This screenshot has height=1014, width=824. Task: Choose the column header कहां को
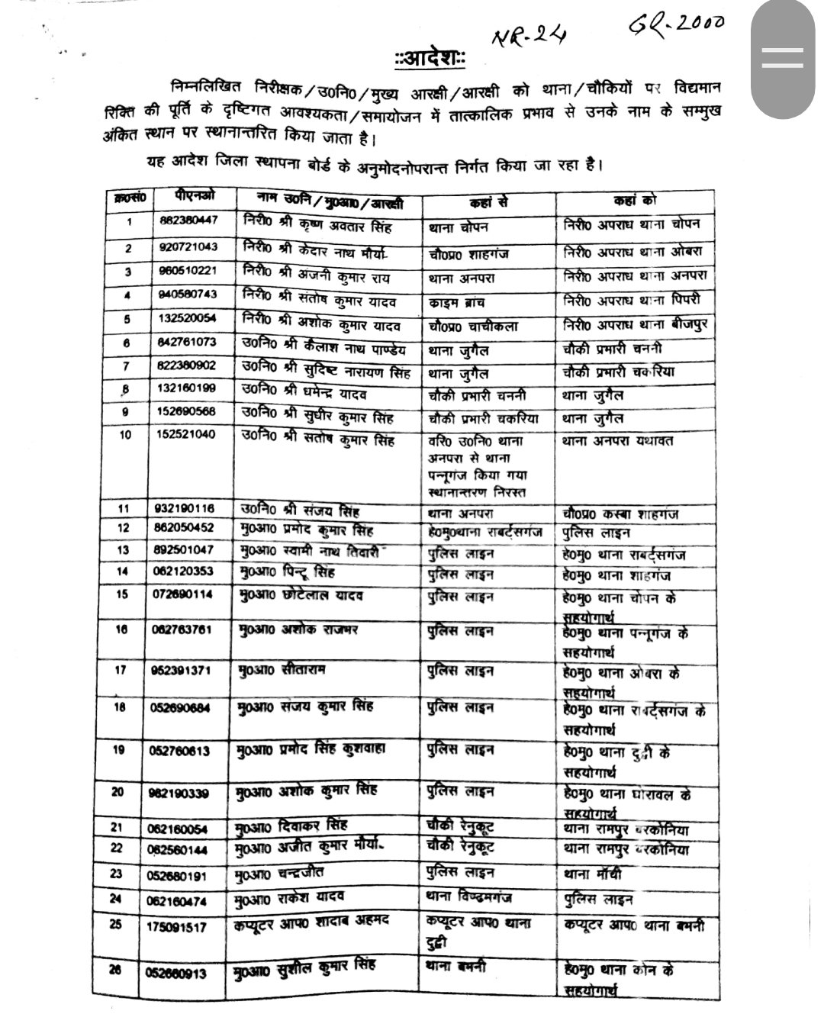(x=634, y=201)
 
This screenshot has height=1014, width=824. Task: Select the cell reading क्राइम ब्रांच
(x=456, y=302)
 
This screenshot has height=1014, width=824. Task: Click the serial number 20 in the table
(x=117, y=792)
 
